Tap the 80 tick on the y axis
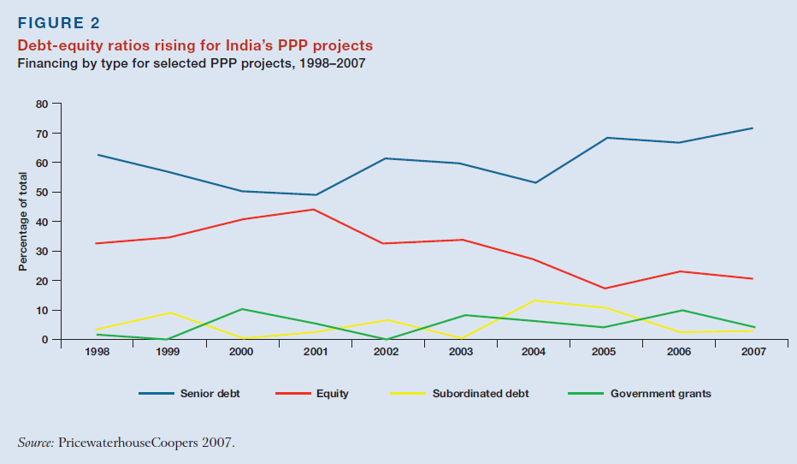[x=44, y=104]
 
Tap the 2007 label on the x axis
[x=753, y=352]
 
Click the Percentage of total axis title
[x=24, y=222]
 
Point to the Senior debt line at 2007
[x=753, y=128]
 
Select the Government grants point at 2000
[x=243, y=309]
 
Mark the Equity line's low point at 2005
[x=605, y=289]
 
